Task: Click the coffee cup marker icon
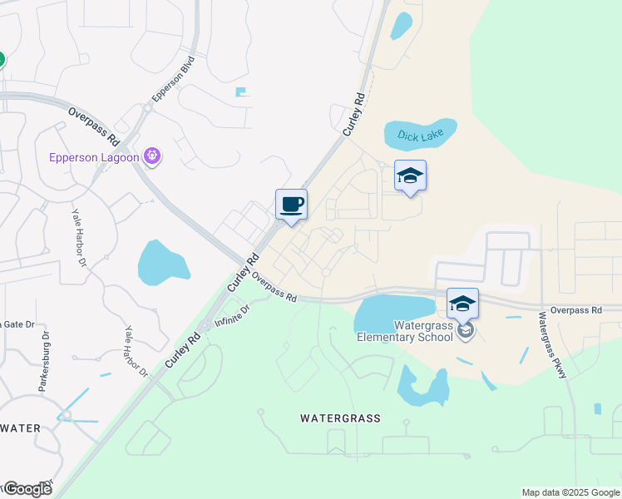coord(291,204)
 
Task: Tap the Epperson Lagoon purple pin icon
coord(151,156)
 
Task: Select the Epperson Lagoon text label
coord(95,156)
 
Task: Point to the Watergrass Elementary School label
coord(405,331)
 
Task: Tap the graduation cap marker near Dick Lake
coord(410,175)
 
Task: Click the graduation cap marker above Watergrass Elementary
coord(462,303)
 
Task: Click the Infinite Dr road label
coord(232,316)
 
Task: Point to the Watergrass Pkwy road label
coord(551,344)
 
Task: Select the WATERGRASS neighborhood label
coord(340,418)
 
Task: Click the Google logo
coord(27,489)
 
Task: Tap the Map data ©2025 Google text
coord(570,492)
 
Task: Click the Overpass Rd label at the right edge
coord(575,310)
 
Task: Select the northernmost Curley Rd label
coord(354,114)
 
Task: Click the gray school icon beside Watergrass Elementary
coord(466,331)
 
